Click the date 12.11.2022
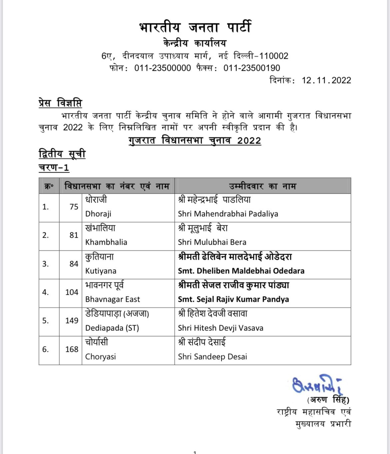click(326, 80)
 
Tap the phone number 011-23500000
click(162, 68)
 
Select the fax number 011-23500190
click(252, 68)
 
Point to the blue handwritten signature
click(317, 385)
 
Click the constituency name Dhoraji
click(98, 214)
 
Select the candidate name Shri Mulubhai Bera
click(212, 242)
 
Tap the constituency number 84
click(74, 264)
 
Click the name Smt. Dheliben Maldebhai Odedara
click(241, 271)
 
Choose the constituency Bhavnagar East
click(112, 299)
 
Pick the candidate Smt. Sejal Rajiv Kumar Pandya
click(233, 299)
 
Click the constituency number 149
click(72, 320)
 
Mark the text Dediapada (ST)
click(112, 328)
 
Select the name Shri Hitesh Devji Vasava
click(220, 328)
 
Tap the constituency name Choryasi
click(100, 357)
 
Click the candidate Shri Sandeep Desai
click(212, 357)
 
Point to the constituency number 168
click(72, 349)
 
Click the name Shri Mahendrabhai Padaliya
click(228, 214)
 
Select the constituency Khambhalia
click(106, 242)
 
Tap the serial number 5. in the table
click(45, 320)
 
